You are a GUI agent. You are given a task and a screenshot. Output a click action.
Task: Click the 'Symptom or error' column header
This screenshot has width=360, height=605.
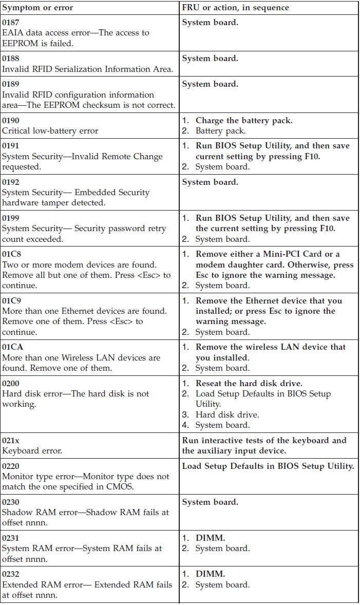(37, 8)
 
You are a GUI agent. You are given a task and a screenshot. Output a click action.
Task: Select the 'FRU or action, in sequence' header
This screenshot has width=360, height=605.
(235, 8)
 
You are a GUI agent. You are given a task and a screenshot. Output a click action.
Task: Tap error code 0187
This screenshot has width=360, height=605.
(10, 23)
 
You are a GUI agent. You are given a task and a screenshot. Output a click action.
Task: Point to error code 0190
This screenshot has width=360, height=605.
(10, 121)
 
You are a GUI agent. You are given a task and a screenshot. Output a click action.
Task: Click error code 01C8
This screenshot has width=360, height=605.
(11, 254)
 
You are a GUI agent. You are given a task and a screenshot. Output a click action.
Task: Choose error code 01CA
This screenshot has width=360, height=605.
(12, 347)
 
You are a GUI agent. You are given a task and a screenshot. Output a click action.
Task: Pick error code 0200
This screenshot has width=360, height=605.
(10, 384)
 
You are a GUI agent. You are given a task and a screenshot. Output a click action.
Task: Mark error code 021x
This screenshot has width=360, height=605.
(10, 441)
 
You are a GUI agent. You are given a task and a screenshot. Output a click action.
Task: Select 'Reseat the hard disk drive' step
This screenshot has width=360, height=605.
(249, 384)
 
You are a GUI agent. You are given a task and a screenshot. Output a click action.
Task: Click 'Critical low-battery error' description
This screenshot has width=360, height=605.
(50, 131)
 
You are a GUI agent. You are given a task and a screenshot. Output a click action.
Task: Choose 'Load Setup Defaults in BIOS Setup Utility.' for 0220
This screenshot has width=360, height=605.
(268, 466)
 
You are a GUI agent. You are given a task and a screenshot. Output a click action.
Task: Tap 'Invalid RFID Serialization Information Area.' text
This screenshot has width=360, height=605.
(87, 69)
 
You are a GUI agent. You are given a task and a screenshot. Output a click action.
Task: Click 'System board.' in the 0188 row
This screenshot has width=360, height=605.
(210, 59)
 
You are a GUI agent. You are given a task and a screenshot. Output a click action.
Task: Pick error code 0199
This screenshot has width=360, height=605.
(10, 218)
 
